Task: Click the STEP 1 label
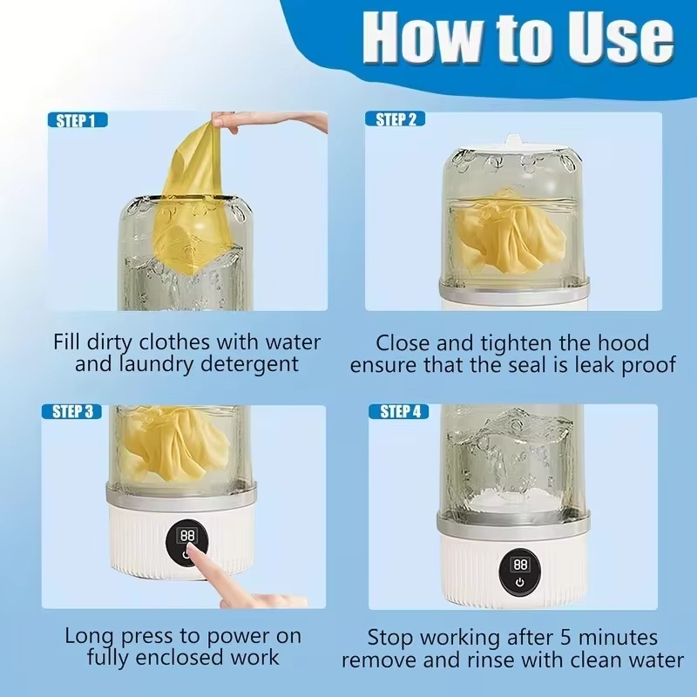(x=76, y=121)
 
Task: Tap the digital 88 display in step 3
(x=186, y=536)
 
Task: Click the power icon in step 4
(x=520, y=583)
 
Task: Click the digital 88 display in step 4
(x=520, y=565)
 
